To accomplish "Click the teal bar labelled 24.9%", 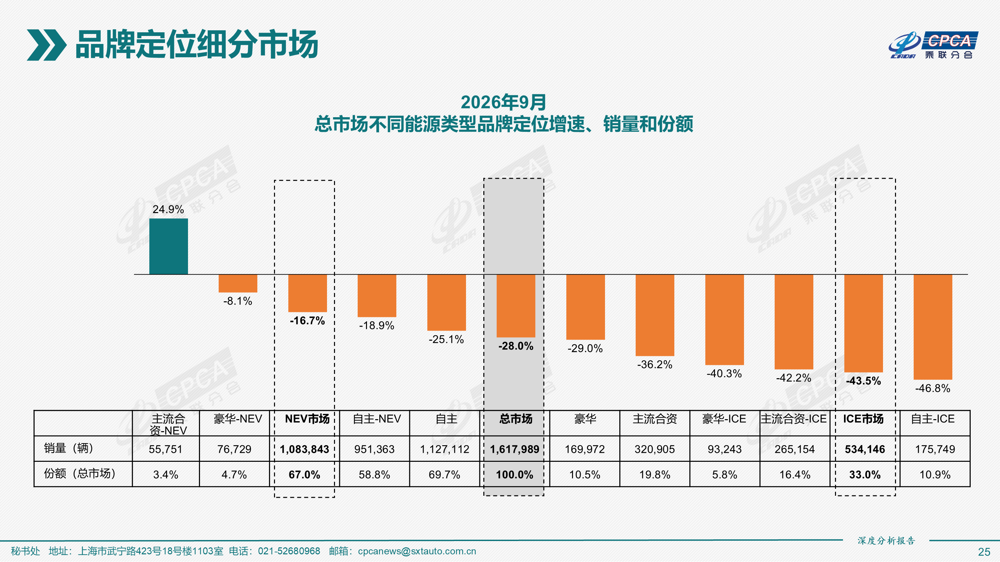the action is [x=168, y=246].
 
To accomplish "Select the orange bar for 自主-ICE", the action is [x=933, y=327].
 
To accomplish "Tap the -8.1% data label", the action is [x=238, y=301].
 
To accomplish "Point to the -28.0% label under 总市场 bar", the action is [x=516, y=346].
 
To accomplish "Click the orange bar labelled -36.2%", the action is [x=655, y=315].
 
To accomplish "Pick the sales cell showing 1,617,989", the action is [x=515, y=449].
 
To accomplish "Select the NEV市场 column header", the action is [x=307, y=419].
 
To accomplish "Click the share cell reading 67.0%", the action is [x=304, y=475].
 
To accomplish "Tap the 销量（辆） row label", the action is [x=69, y=448].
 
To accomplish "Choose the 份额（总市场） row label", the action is [x=80, y=473].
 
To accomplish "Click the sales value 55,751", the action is [x=165, y=449].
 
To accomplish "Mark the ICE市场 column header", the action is [x=863, y=419].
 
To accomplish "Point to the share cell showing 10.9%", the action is [x=935, y=475].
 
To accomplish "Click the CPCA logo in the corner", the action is [x=933, y=45].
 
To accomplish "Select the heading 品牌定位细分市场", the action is [x=197, y=45].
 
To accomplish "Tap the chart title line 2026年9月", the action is [x=503, y=103].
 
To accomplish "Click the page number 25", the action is [x=984, y=552].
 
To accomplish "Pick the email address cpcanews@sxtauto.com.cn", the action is [x=417, y=551].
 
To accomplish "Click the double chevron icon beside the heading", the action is [x=47, y=45].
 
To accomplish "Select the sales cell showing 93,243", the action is [x=724, y=449].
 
